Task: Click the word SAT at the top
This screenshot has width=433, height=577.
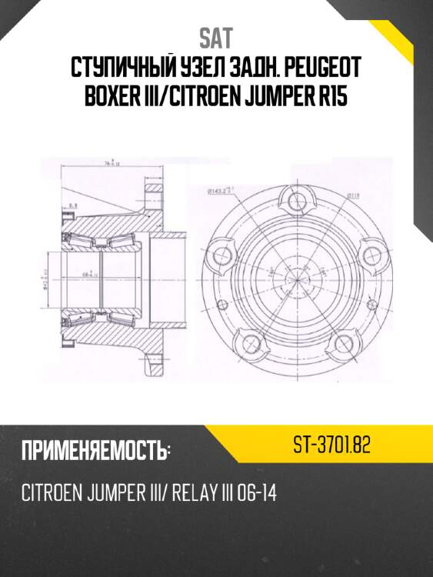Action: [215, 37]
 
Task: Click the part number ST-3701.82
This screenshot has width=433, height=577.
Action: [332, 445]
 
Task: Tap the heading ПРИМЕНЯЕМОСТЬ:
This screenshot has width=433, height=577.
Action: [95, 452]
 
